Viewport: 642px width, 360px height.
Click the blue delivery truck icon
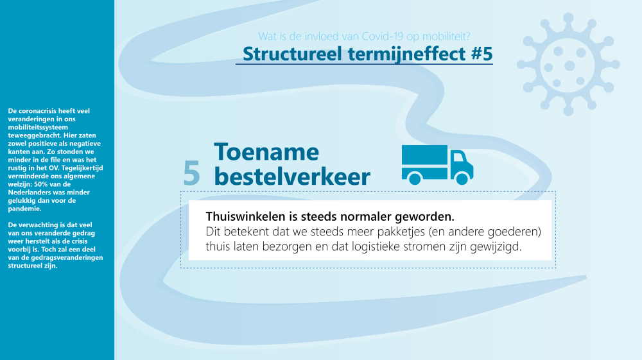pyautogui.click(x=437, y=164)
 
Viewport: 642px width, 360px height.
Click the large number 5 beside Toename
pyautogui.click(x=191, y=174)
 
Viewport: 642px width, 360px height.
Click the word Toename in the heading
pyautogui.click(x=266, y=152)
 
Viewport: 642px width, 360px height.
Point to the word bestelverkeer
pyautogui.click(x=291, y=176)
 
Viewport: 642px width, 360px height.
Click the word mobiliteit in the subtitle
pyautogui.click(x=453, y=36)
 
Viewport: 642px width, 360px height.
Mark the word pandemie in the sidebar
pyautogui.click(x=24, y=209)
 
